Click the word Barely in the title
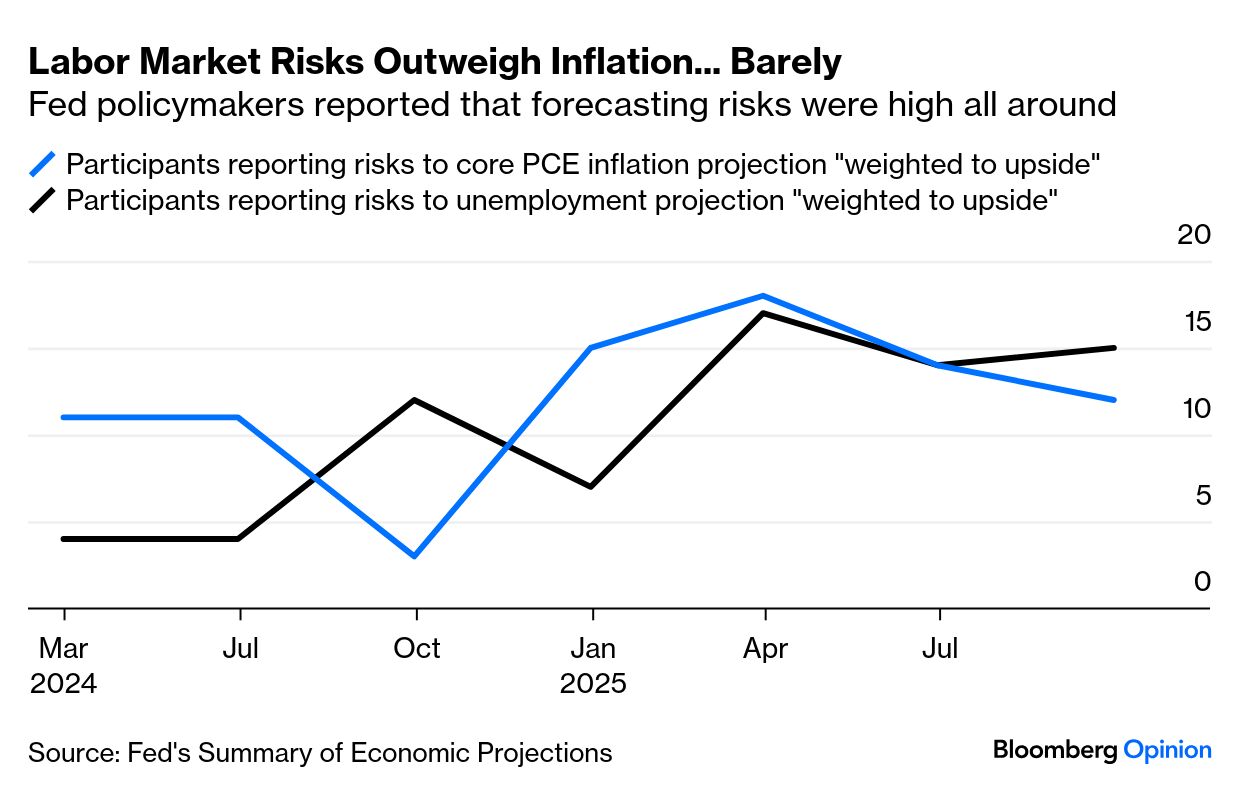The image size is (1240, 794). [786, 62]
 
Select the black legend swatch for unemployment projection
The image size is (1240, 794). [44, 200]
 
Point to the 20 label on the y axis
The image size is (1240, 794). [1194, 235]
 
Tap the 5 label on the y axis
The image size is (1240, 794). [1202, 495]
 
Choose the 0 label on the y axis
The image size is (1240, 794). [1202, 582]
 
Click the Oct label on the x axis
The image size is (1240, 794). [416, 649]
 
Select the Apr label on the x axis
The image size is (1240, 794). [765, 649]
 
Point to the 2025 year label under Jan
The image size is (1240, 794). [593, 685]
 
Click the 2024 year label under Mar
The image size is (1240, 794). [64, 685]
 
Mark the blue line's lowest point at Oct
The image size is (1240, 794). [415, 556]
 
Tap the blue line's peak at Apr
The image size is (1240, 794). [765, 296]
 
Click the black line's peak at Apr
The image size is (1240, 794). [765, 313]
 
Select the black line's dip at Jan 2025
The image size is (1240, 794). [591, 487]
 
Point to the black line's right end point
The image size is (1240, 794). [1114, 348]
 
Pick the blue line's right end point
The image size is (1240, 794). [1114, 400]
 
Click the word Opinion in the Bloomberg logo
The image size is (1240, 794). [1168, 750]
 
